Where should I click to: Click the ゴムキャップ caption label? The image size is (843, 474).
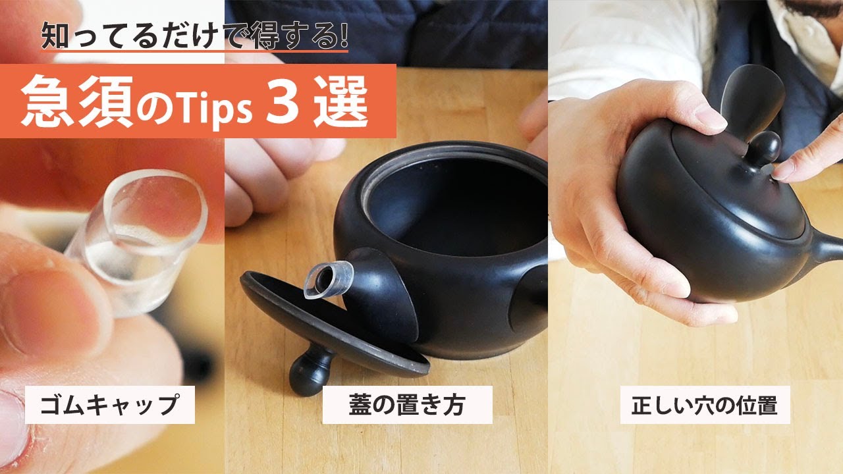109,405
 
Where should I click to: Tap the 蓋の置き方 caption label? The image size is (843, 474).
407,405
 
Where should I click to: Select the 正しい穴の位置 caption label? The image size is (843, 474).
705,405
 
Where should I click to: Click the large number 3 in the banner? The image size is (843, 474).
283,101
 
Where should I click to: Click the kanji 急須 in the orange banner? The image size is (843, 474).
77,101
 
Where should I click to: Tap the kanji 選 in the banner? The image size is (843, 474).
340,101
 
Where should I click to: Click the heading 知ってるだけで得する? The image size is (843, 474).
194,35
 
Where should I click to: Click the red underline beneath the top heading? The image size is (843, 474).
194,51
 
